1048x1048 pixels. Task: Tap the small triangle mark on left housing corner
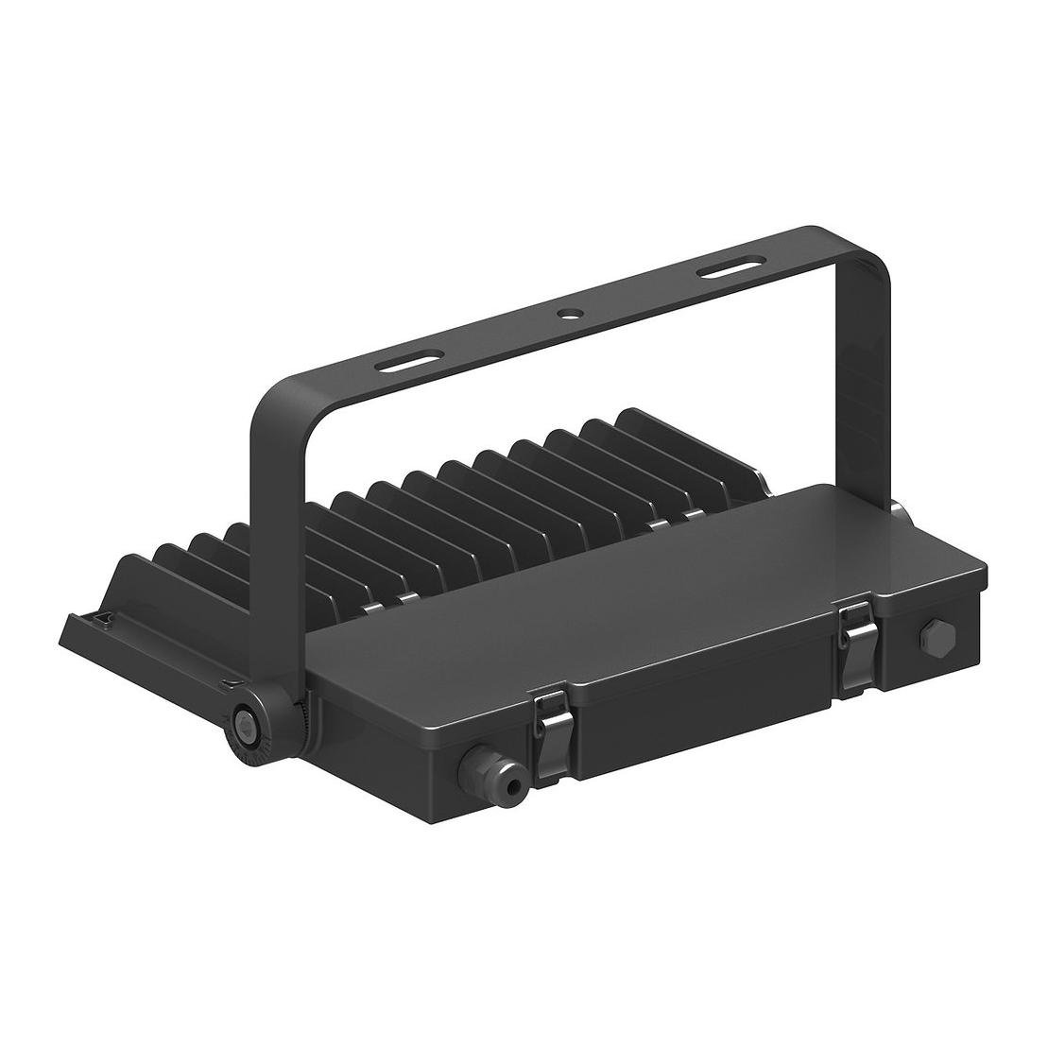click(105, 620)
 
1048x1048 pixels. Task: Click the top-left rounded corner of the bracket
click(269, 397)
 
